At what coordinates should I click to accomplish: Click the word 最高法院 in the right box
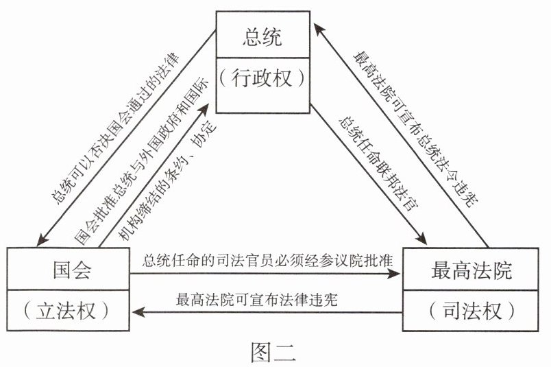tap(472, 270)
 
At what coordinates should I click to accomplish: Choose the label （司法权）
tap(472, 311)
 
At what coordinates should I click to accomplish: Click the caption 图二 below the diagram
tap(273, 351)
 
